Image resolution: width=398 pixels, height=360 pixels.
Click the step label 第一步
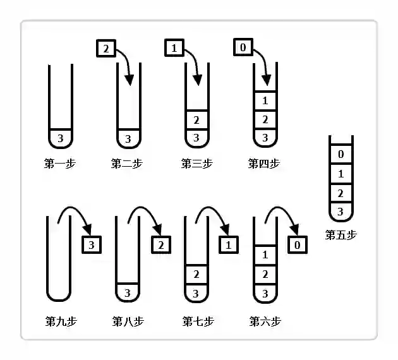pyautogui.click(x=60, y=164)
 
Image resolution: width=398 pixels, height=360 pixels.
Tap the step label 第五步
pyautogui.click(x=341, y=235)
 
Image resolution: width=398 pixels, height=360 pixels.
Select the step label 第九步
pyautogui.click(x=61, y=321)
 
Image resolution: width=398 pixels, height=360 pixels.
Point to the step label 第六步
pyautogui.click(x=265, y=321)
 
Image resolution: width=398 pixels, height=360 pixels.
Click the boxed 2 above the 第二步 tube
pyautogui.click(x=106, y=48)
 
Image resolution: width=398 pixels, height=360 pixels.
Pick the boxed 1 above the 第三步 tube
pyautogui.click(x=174, y=48)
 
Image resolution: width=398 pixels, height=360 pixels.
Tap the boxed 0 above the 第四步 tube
pyautogui.click(x=243, y=47)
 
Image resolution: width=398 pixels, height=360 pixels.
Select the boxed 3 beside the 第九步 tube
pyautogui.click(x=92, y=245)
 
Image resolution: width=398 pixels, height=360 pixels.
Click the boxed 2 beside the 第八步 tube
pyautogui.click(x=161, y=245)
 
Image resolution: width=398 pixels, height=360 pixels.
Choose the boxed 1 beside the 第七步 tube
pyautogui.click(x=229, y=245)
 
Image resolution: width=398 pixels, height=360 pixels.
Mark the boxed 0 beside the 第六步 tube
pyautogui.click(x=298, y=245)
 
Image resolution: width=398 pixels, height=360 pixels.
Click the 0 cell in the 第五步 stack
pyautogui.click(x=341, y=154)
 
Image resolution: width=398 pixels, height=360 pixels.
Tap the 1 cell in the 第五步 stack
pyautogui.click(x=341, y=174)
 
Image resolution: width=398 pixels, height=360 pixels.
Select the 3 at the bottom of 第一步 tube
pyautogui.click(x=61, y=138)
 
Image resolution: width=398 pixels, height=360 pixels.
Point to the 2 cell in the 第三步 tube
pyautogui.click(x=196, y=120)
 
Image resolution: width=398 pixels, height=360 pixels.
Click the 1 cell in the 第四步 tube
pyautogui.click(x=265, y=100)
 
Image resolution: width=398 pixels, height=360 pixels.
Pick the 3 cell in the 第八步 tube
pyautogui.click(x=128, y=293)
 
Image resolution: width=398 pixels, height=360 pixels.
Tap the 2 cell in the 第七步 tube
pyautogui.click(x=196, y=274)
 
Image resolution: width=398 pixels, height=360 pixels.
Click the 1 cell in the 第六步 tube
pyautogui.click(x=265, y=255)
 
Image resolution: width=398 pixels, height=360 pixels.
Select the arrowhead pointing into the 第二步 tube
pyautogui.click(x=130, y=80)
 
